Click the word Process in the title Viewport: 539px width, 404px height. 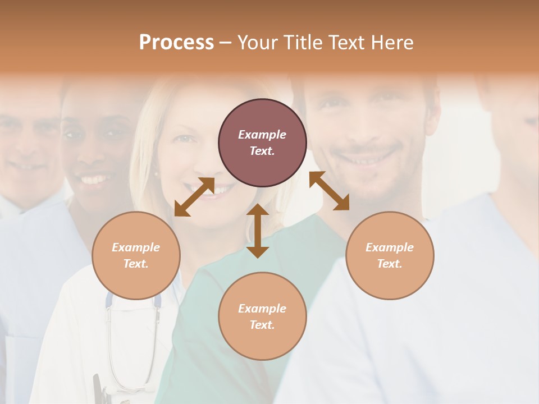pos(176,43)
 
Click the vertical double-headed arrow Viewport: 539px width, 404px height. pos(258,231)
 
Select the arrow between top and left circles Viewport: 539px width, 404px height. pos(194,197)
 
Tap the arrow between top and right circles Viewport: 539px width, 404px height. pos(329,191)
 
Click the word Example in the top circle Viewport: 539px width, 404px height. pos(262,135)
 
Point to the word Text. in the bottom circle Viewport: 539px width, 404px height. pos(262,325)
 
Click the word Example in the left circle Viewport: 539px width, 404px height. pos(136,247)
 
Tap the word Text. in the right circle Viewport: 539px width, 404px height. pos(390,264)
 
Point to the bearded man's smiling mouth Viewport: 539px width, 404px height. pos(365,160)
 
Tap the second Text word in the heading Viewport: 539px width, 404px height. pos(348,43)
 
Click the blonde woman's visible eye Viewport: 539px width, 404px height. pos(184,138)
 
